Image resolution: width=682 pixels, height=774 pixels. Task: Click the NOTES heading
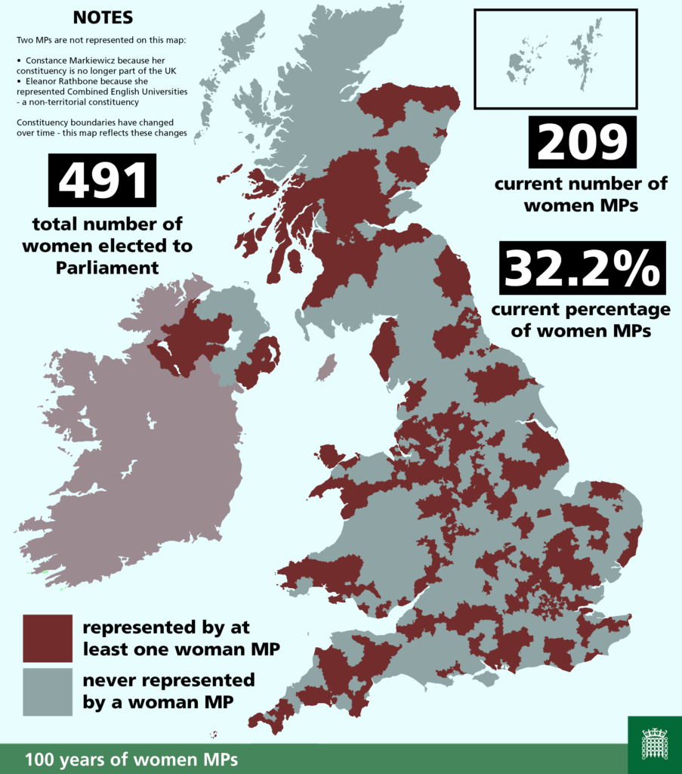pyautogui.click(x=102, y=17)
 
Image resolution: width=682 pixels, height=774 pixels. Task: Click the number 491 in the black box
pyautogui.click(x=102, y=181)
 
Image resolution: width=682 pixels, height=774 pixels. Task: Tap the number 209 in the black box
pyautogui.click(x=582, y=143)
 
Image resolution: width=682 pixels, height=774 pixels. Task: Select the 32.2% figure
pyautogui.click(x=582, y=268)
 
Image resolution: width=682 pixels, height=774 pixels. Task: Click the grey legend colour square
pyautogui.click(x=48, y=691)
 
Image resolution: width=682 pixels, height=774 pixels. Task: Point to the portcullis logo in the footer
pyautogui.click(x=654, y=744)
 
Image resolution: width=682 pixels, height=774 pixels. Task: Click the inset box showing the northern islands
pyautogui.click(x=555, y=59)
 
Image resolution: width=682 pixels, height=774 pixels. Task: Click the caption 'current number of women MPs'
pyautogui.click(x=581, y=193)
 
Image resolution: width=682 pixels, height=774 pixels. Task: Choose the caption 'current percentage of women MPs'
pyautogui.click(x=581, y=320)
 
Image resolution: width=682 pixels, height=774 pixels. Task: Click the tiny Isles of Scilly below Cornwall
pyautogui.click(x=214, y=734)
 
